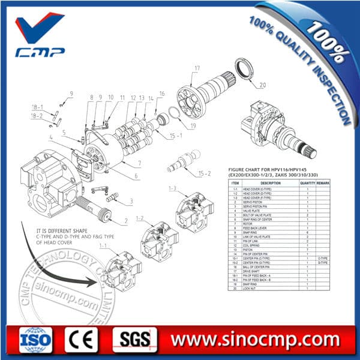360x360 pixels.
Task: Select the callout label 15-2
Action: pos(206,173)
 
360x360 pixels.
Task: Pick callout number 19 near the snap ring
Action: pos(193,126)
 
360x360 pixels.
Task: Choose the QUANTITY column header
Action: pos(307,183)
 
